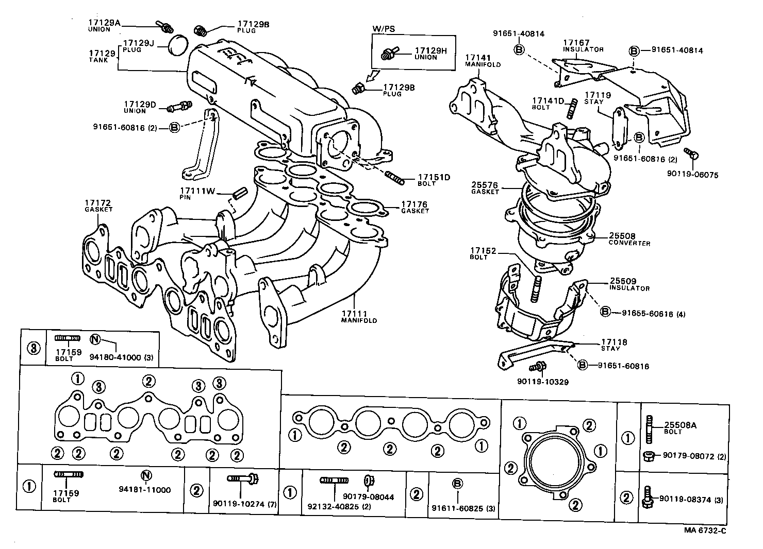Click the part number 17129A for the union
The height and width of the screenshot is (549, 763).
[x=104, y=23]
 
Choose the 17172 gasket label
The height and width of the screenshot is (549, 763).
[x=98, y=203]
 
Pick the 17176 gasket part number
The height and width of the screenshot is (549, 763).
[x=414, y=204]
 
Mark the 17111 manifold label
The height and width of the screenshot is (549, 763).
[x=354, y=314]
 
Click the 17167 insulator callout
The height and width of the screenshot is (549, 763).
[x=576, y=43]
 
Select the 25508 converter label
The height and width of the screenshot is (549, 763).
[x=622, y=236]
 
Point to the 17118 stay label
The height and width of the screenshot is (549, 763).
[x=614, y=342]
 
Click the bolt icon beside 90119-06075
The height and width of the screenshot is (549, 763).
[x=690, y=153]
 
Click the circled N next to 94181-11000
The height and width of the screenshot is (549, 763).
[x=146, y=475]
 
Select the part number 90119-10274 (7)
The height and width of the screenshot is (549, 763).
[x=244, y=504]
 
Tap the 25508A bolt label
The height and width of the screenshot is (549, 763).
[x=679, y=425]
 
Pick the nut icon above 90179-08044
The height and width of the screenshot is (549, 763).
[x=369, y=481]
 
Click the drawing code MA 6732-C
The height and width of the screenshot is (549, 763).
[x=705, y=531]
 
